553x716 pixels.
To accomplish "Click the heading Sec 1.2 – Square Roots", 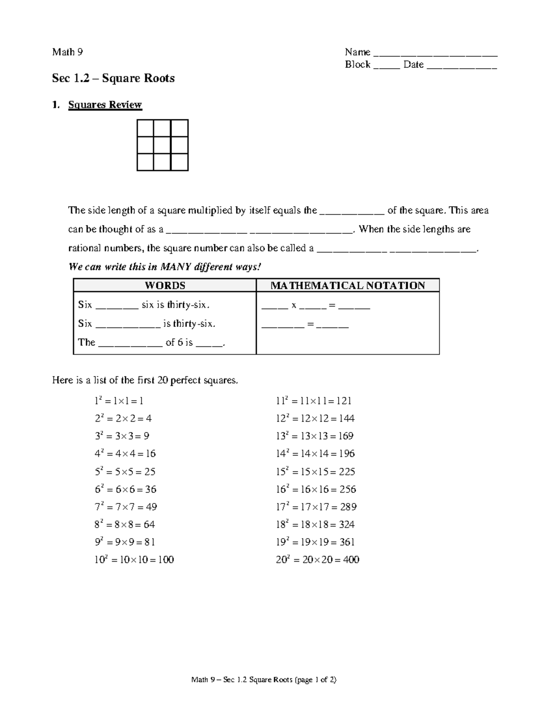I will (x=113, y=78).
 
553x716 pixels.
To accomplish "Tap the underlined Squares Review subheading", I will (x=105, y=105).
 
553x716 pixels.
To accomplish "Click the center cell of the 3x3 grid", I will (x=162, y=145).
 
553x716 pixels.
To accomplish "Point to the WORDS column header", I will (x=165, y=285).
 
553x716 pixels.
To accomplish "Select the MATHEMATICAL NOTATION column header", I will (x=347, y=285).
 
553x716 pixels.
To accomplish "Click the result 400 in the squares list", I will (x=351, y=560).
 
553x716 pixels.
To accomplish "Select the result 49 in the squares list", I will (x=151, y=507).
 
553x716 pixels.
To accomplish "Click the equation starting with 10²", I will (x=134, y=560).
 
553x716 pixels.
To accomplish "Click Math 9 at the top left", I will (x=67, y=52).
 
